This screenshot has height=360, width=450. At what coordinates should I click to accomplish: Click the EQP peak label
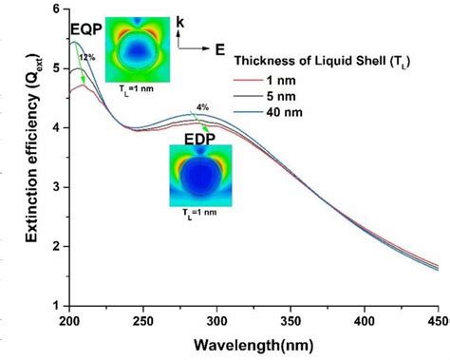click(x=86, y=28)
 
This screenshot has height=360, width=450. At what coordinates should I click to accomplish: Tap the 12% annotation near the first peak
click(x=88, y=58)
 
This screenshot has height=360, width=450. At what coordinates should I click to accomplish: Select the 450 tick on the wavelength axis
click(x=437, y=320)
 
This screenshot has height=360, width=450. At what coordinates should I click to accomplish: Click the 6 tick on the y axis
click(x=54, y=9)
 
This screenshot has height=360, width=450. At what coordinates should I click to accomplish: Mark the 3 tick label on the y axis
click(x=54, y=187)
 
